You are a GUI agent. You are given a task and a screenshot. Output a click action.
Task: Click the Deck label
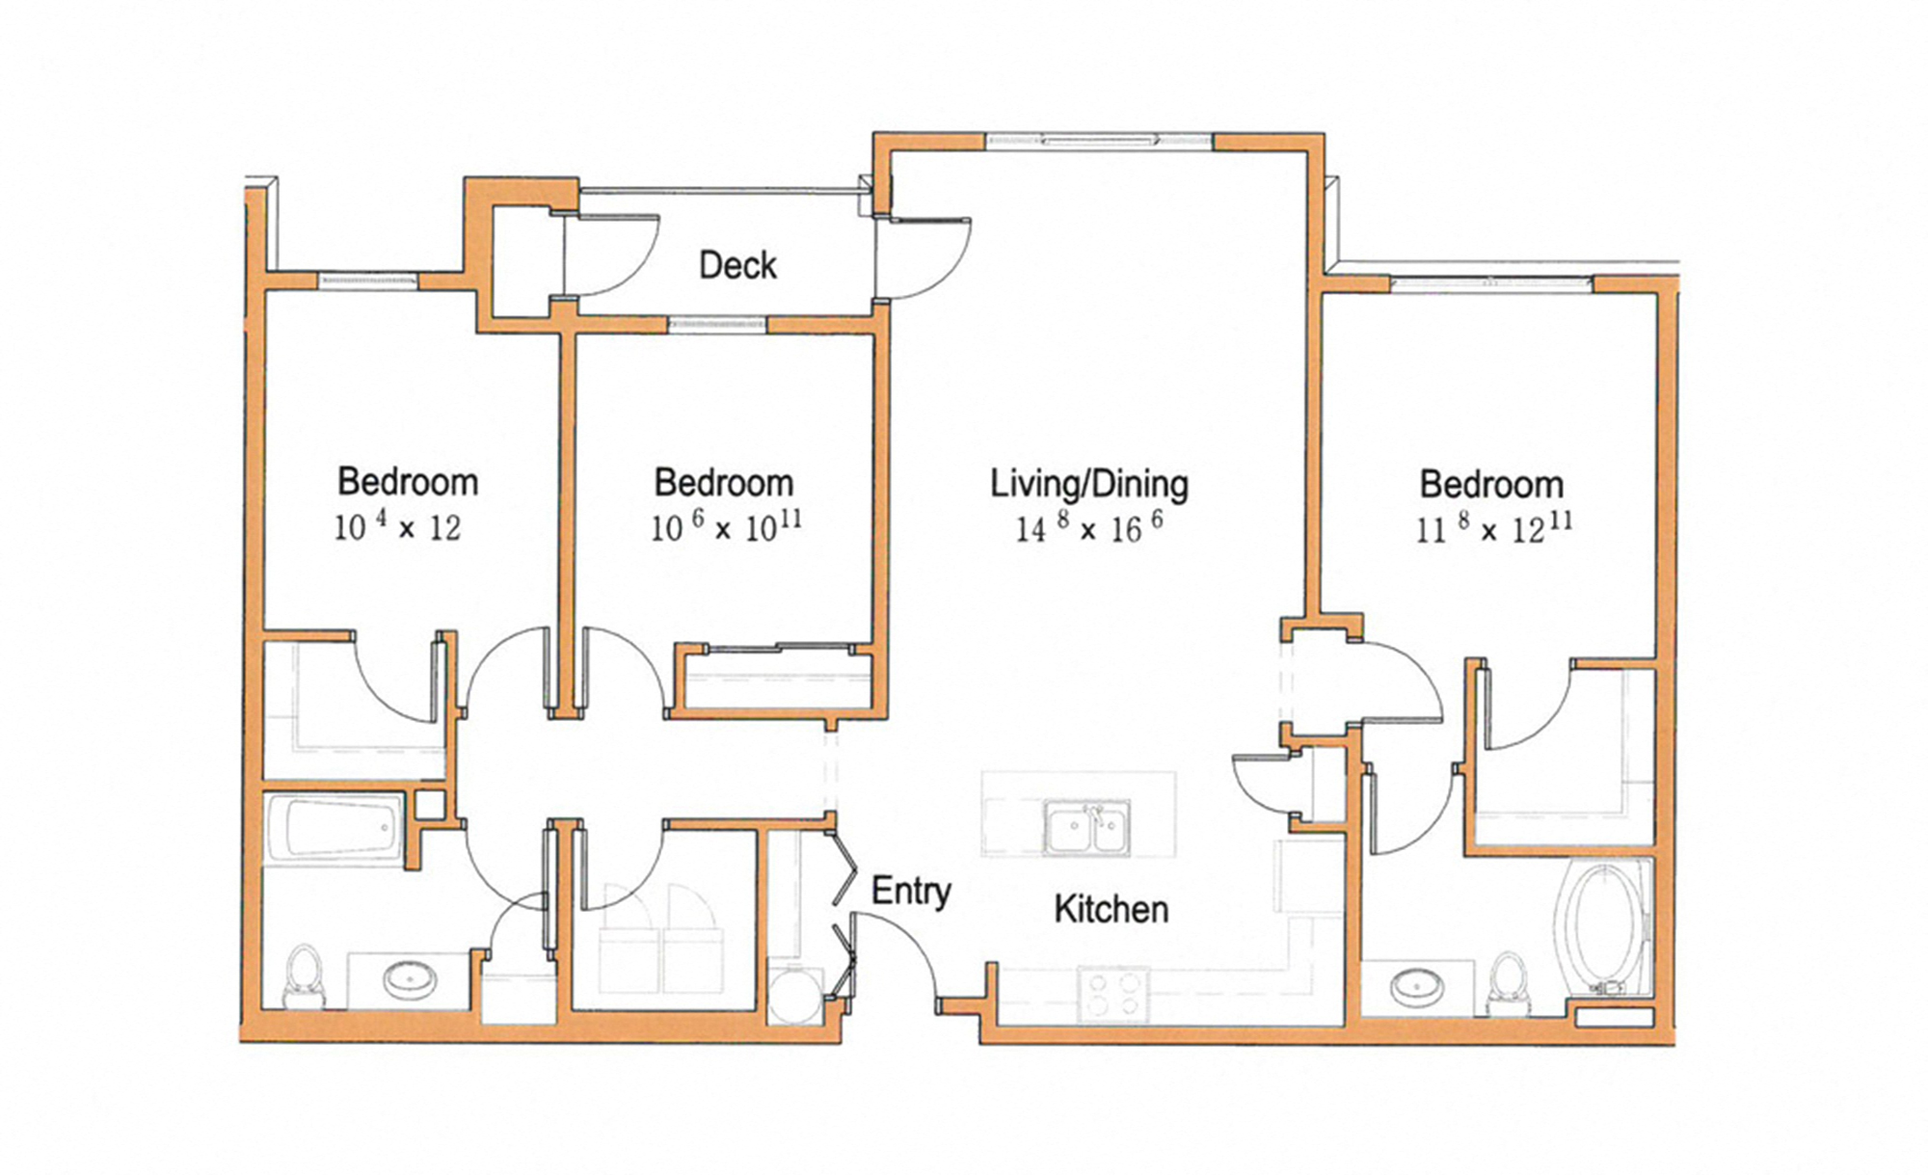pos(737,265)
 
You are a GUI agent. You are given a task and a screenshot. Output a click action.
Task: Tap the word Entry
pos(910,891)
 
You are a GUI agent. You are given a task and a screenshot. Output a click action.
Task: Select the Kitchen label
pos(1111,909)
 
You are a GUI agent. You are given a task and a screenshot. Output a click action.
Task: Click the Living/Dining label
pos(1089,484)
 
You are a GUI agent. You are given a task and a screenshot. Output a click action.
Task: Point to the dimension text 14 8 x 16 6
pos(1089,527)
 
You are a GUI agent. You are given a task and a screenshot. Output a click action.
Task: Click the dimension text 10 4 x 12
pos(397,526)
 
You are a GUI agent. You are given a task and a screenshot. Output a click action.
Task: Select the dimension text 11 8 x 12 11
pos(1493,528)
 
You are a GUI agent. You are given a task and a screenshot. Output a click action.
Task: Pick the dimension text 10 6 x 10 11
pos(725,526)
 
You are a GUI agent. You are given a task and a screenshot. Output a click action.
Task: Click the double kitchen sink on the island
pos(1087,828)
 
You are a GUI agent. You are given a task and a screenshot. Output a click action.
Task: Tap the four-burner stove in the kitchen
pos(1113,995)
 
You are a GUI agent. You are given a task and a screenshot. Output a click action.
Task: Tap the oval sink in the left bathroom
pos(410,981)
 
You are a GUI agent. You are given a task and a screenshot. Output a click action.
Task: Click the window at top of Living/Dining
pos(1099,142)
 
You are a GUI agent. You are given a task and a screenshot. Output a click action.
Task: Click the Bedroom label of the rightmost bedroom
pos(1490,484)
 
